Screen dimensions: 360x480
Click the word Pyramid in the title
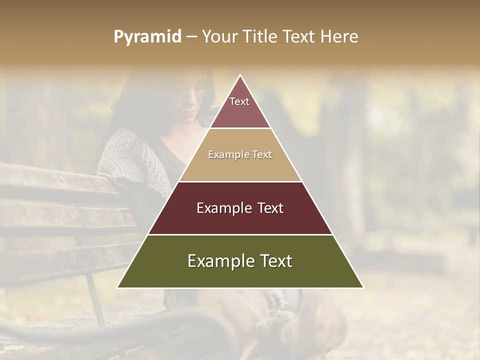click(147, 37)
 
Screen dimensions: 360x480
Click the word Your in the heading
click(220, 36)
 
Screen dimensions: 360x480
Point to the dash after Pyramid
click(191, 37)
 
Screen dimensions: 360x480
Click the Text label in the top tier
click(239, 101)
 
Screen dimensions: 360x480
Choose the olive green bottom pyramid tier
click(240, 275)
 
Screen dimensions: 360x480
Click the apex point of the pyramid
click(240, 76)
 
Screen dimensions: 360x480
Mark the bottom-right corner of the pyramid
click(363, 287)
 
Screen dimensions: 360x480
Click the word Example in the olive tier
click(218, 261)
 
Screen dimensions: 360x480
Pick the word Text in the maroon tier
click(266, 208)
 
